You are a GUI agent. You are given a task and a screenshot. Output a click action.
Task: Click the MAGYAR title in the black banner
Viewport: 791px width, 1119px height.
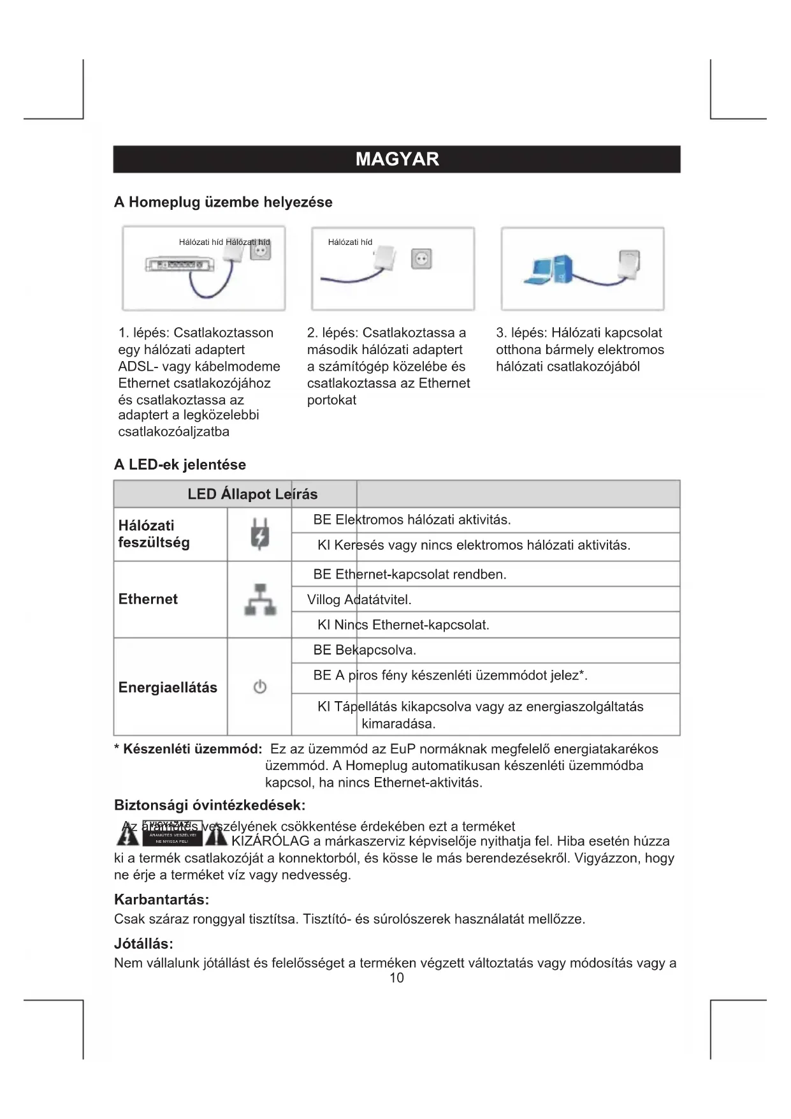(397, 159)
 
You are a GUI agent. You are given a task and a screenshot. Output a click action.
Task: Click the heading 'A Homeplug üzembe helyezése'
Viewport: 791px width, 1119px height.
(223, 202)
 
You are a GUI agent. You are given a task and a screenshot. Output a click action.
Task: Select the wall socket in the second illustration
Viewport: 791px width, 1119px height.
(421, 258)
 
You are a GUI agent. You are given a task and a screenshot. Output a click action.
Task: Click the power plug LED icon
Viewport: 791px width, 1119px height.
(259, 534)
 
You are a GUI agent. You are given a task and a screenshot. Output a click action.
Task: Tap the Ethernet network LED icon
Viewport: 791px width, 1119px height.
(260, 600)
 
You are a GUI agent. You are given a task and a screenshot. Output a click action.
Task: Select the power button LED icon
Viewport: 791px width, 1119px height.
(259, 687)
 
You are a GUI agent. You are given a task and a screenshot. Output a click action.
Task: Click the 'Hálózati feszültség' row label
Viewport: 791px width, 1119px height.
(154, 534)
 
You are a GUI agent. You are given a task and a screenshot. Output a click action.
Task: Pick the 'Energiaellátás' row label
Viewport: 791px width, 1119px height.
(168, 687)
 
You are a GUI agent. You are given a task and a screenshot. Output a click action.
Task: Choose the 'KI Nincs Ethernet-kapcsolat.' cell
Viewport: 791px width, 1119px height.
(403, 625)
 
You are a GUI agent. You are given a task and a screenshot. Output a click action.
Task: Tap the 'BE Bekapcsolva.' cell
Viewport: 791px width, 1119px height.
(364, 650)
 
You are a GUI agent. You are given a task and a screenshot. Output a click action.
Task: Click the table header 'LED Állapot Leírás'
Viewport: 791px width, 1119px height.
(252, 494)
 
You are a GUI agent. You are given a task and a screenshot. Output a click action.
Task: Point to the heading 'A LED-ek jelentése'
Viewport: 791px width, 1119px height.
(180, 464)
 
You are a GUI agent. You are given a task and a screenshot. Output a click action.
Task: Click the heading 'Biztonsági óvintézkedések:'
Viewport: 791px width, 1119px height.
(210, 805)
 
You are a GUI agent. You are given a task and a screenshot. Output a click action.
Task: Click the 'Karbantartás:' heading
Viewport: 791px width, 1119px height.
(161, 900)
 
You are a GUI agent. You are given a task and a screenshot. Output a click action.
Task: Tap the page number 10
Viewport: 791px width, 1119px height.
(396, 978)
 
